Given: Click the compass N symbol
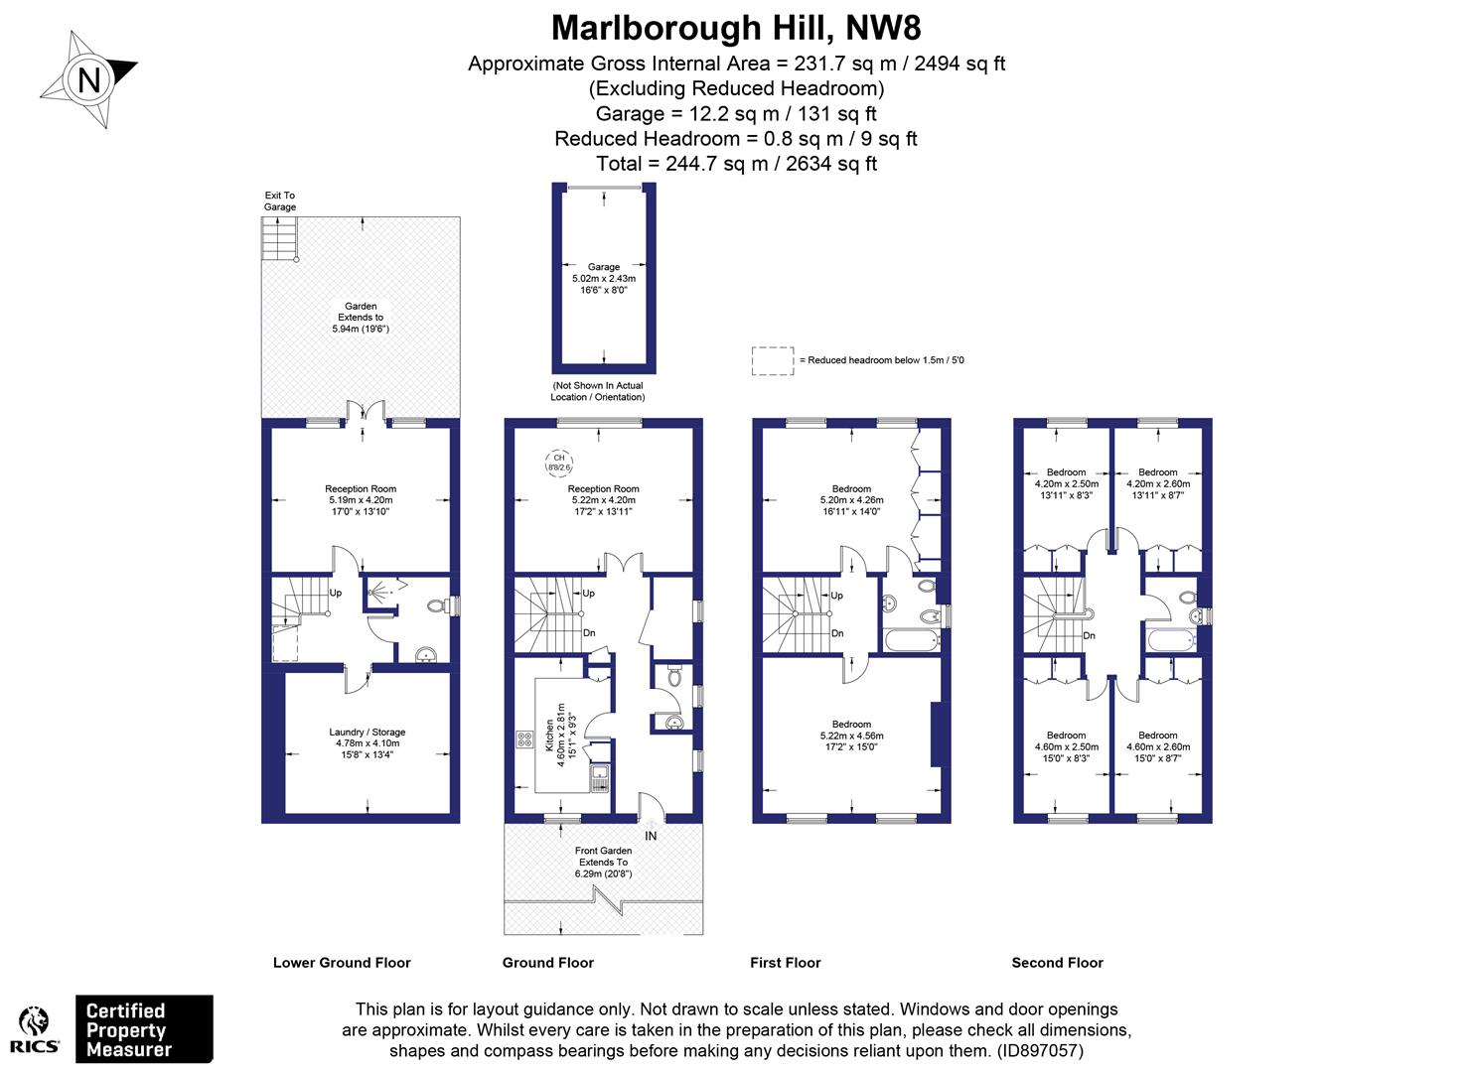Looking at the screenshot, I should coord(89,79).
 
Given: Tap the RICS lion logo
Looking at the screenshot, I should coord(36,1028).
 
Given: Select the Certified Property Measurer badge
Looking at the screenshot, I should coord(144,1029).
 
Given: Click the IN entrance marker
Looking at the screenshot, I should coord(651,836).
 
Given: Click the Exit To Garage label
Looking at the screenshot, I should coord(280,201).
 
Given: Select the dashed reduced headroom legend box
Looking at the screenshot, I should coord(772,360).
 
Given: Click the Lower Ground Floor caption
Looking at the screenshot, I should coord(342,963).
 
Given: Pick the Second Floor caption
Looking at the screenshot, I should coord(1057,963).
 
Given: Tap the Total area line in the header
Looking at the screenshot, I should coord(736,164).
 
